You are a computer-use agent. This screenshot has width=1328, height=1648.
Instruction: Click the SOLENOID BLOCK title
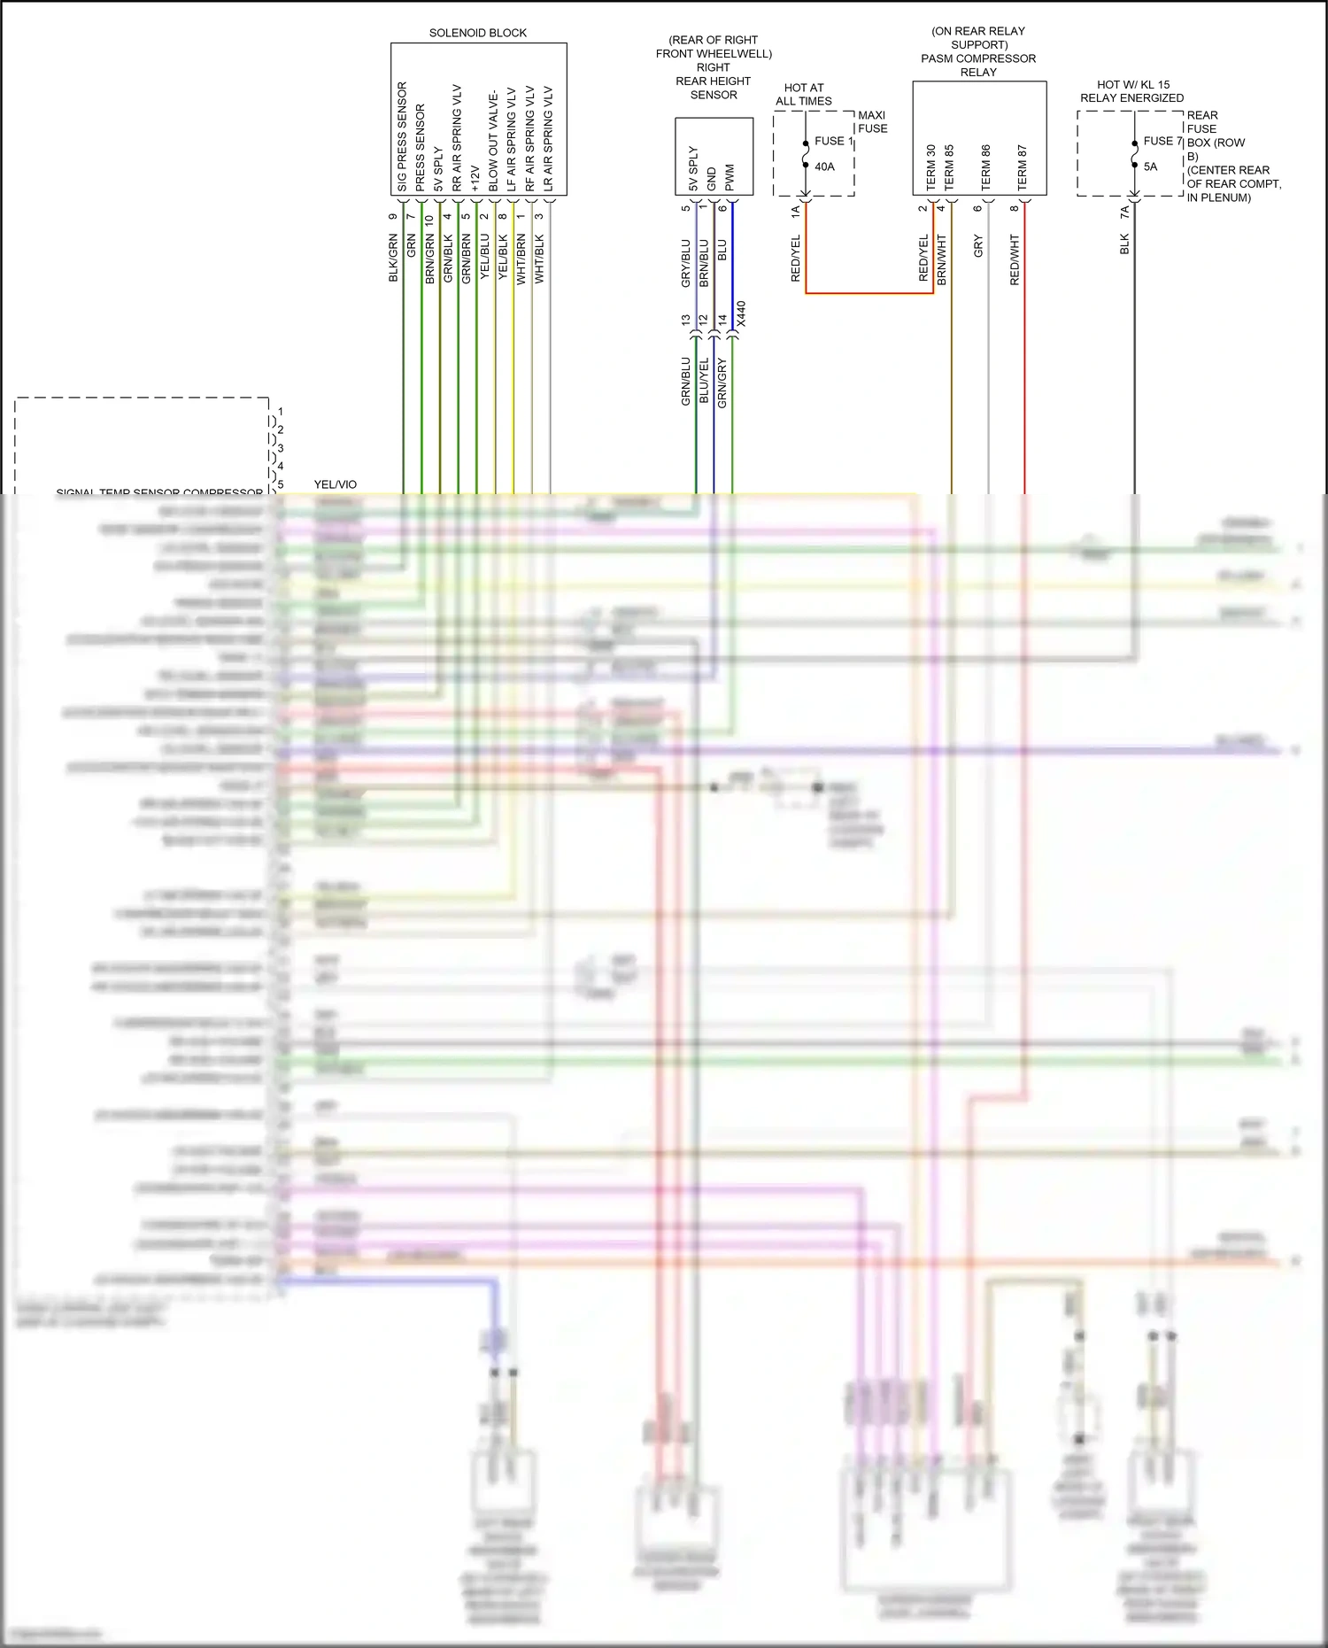(477, 33)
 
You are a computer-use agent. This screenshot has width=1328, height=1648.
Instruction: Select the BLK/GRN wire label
(393, 258)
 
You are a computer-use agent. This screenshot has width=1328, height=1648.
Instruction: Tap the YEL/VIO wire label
(335, 484)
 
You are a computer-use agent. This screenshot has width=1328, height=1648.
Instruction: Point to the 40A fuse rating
(824, 166)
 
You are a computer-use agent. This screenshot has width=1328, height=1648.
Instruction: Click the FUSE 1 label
(833, 141)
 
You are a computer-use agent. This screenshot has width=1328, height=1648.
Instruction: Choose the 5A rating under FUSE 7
(1150, 166)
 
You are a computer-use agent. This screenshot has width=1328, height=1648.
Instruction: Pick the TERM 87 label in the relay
(1023, 166)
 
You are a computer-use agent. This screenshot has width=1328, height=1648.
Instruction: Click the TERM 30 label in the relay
(930, 166)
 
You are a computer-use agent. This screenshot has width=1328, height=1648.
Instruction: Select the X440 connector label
(741, 314)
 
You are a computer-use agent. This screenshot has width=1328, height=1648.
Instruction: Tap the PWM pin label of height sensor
(730, 177)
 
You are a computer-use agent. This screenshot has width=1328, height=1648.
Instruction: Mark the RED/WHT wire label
(1015, 259)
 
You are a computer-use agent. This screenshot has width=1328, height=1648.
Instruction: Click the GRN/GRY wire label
(722, 383)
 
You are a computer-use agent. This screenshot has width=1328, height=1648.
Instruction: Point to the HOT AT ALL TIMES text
(804, 94)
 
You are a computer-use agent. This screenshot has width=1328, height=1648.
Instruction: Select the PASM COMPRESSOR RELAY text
(978, 66)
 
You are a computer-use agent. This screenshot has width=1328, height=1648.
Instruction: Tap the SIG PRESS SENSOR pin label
(402, 136)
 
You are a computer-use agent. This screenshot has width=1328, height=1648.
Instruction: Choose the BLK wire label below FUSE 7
(1124, 244)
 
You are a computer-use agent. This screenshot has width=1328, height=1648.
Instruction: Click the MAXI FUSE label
(872, 121)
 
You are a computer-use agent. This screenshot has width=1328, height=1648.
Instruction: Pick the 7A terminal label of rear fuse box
(1124, 213)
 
